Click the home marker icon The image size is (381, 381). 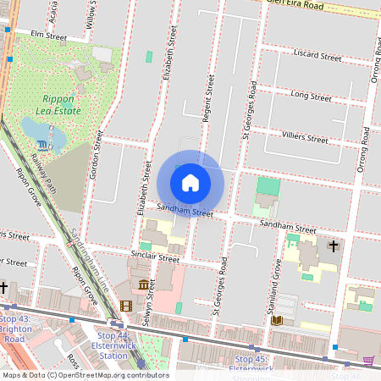click(190, 183)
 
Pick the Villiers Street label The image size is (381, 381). click(304, 138)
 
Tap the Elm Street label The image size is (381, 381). click(48, 36)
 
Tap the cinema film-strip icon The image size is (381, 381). click(126, 306)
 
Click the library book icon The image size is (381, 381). click(276, 320)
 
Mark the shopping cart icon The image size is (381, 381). click(368, 359)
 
